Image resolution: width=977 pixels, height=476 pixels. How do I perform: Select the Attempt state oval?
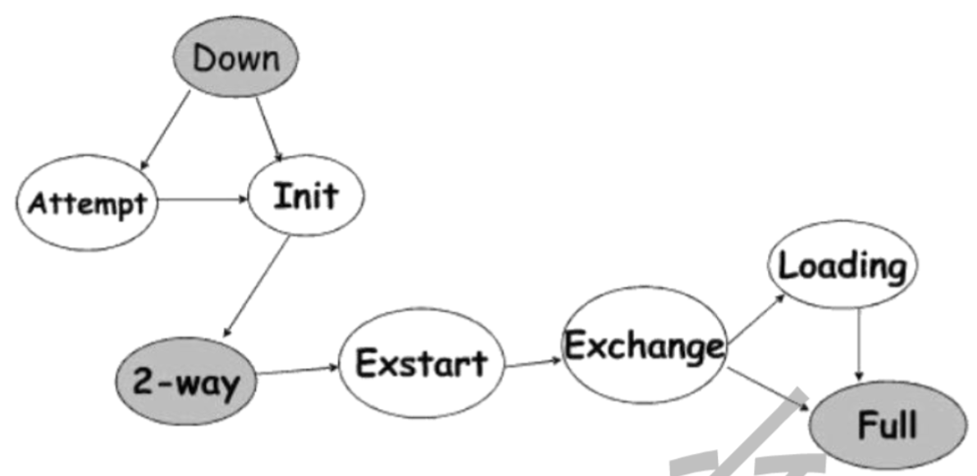click(87, 203)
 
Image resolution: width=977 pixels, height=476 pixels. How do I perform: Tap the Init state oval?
click(304, 197)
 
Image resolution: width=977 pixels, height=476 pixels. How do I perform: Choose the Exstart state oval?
click(421, 364)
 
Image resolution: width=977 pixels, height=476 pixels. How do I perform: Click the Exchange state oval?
click(645, 348)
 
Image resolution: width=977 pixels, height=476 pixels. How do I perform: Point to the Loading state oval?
click(842, 266)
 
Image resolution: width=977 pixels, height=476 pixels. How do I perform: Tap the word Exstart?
click(421, 364)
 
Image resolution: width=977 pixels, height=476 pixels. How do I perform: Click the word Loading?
click(842, 266)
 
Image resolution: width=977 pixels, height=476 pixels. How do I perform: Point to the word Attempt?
click(87, 203)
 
